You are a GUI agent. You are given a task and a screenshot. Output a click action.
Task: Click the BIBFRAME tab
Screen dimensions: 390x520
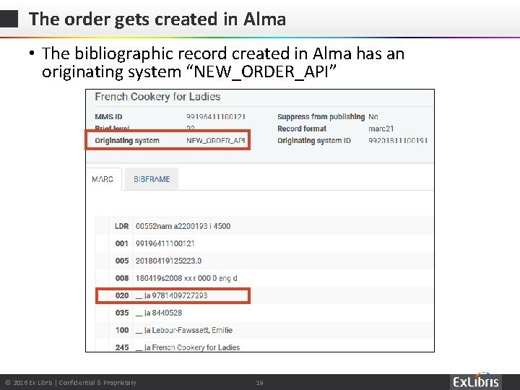152,179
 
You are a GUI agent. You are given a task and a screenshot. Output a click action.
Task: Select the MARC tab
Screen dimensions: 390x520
103,179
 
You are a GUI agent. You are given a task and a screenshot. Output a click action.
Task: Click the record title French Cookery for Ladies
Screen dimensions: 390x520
157,97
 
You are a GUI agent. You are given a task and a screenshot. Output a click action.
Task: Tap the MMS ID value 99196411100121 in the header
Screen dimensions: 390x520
215,117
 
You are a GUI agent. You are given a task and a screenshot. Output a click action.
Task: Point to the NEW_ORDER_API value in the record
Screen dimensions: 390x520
215,140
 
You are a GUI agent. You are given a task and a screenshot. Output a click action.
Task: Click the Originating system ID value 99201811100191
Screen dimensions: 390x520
398,140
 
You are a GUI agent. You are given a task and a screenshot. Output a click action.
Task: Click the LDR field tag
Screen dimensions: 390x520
121,226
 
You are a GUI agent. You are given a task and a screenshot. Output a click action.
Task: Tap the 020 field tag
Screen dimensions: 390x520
121,295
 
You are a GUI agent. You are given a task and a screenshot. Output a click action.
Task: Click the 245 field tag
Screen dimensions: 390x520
121,347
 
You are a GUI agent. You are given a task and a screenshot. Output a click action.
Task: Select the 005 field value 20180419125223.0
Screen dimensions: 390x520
168,261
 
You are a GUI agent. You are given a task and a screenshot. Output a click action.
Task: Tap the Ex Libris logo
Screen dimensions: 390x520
476,382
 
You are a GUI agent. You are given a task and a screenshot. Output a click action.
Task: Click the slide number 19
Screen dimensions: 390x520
259,383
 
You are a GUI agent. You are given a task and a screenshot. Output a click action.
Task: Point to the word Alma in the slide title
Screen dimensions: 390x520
264,19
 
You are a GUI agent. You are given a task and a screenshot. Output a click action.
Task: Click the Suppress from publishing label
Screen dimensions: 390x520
321,117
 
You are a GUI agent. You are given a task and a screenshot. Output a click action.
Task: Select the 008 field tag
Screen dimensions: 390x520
121,278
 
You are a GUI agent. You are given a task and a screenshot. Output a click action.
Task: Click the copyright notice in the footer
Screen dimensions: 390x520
71,383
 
